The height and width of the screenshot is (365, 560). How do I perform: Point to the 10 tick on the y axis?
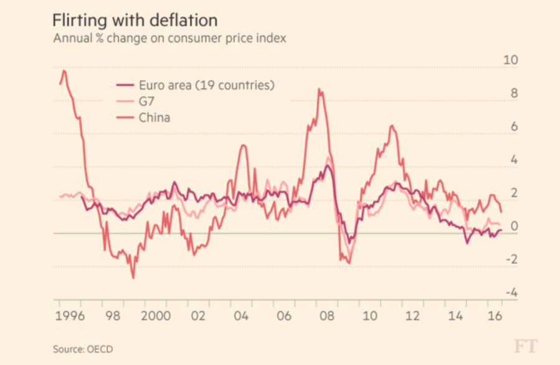tap(510, 61)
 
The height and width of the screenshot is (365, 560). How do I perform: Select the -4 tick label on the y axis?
tap(510, 293)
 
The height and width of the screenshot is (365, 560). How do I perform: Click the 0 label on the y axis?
tap(513, 226)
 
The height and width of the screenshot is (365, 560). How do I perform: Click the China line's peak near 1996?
tap(64, 71)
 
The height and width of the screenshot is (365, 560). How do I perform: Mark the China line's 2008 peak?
tap(319, 90)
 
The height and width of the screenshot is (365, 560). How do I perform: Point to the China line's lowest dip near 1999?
tap(133, 278)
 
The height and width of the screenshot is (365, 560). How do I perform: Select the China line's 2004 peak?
tap(243, 145)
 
